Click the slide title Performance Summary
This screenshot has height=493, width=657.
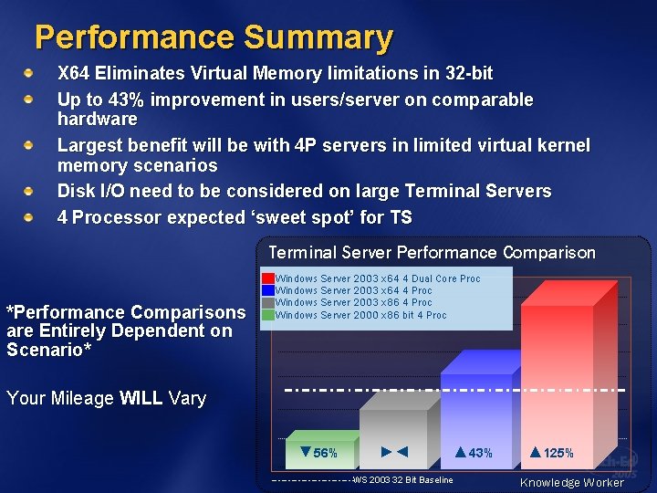pyautogui.click(x=214, y=37)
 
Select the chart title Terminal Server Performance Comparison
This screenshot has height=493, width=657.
pyautogui.click(x=432, y=253)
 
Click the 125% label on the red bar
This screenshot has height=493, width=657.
pyautogui.click(x=552, y=453)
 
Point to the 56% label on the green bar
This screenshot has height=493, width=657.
pyautogui.click(x=319, y=453)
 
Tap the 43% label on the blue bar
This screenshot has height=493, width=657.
pyautogui.click(x=474, y=453)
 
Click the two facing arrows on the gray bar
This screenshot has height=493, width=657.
pyautogui.click(x=394, y=452)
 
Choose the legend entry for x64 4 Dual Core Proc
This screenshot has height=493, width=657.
pyautogui.click(x=378, y=278)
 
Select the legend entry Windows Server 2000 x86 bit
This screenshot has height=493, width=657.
pyautogui.click(x=361, y=315)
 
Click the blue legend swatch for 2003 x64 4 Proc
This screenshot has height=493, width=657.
pyautogui.click(x=268, y=290)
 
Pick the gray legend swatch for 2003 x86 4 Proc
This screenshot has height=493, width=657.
pyautogui.click(x=268, y=302)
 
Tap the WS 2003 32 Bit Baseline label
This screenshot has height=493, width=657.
pyautogui.click(x=402, y=479)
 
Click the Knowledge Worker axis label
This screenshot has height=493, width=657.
pyautogui.click(x=572, y=482)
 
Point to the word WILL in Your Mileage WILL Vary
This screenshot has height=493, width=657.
pyautogui.click(x=141, y=398)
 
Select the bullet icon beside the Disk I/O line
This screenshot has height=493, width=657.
pyautogui.click(x=29, y=192)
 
